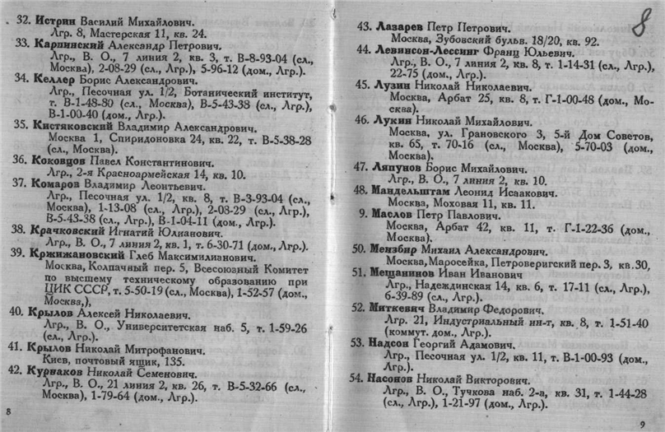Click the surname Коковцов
[63, 160]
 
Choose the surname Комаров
[59, 183]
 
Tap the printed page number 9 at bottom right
[644, 423]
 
